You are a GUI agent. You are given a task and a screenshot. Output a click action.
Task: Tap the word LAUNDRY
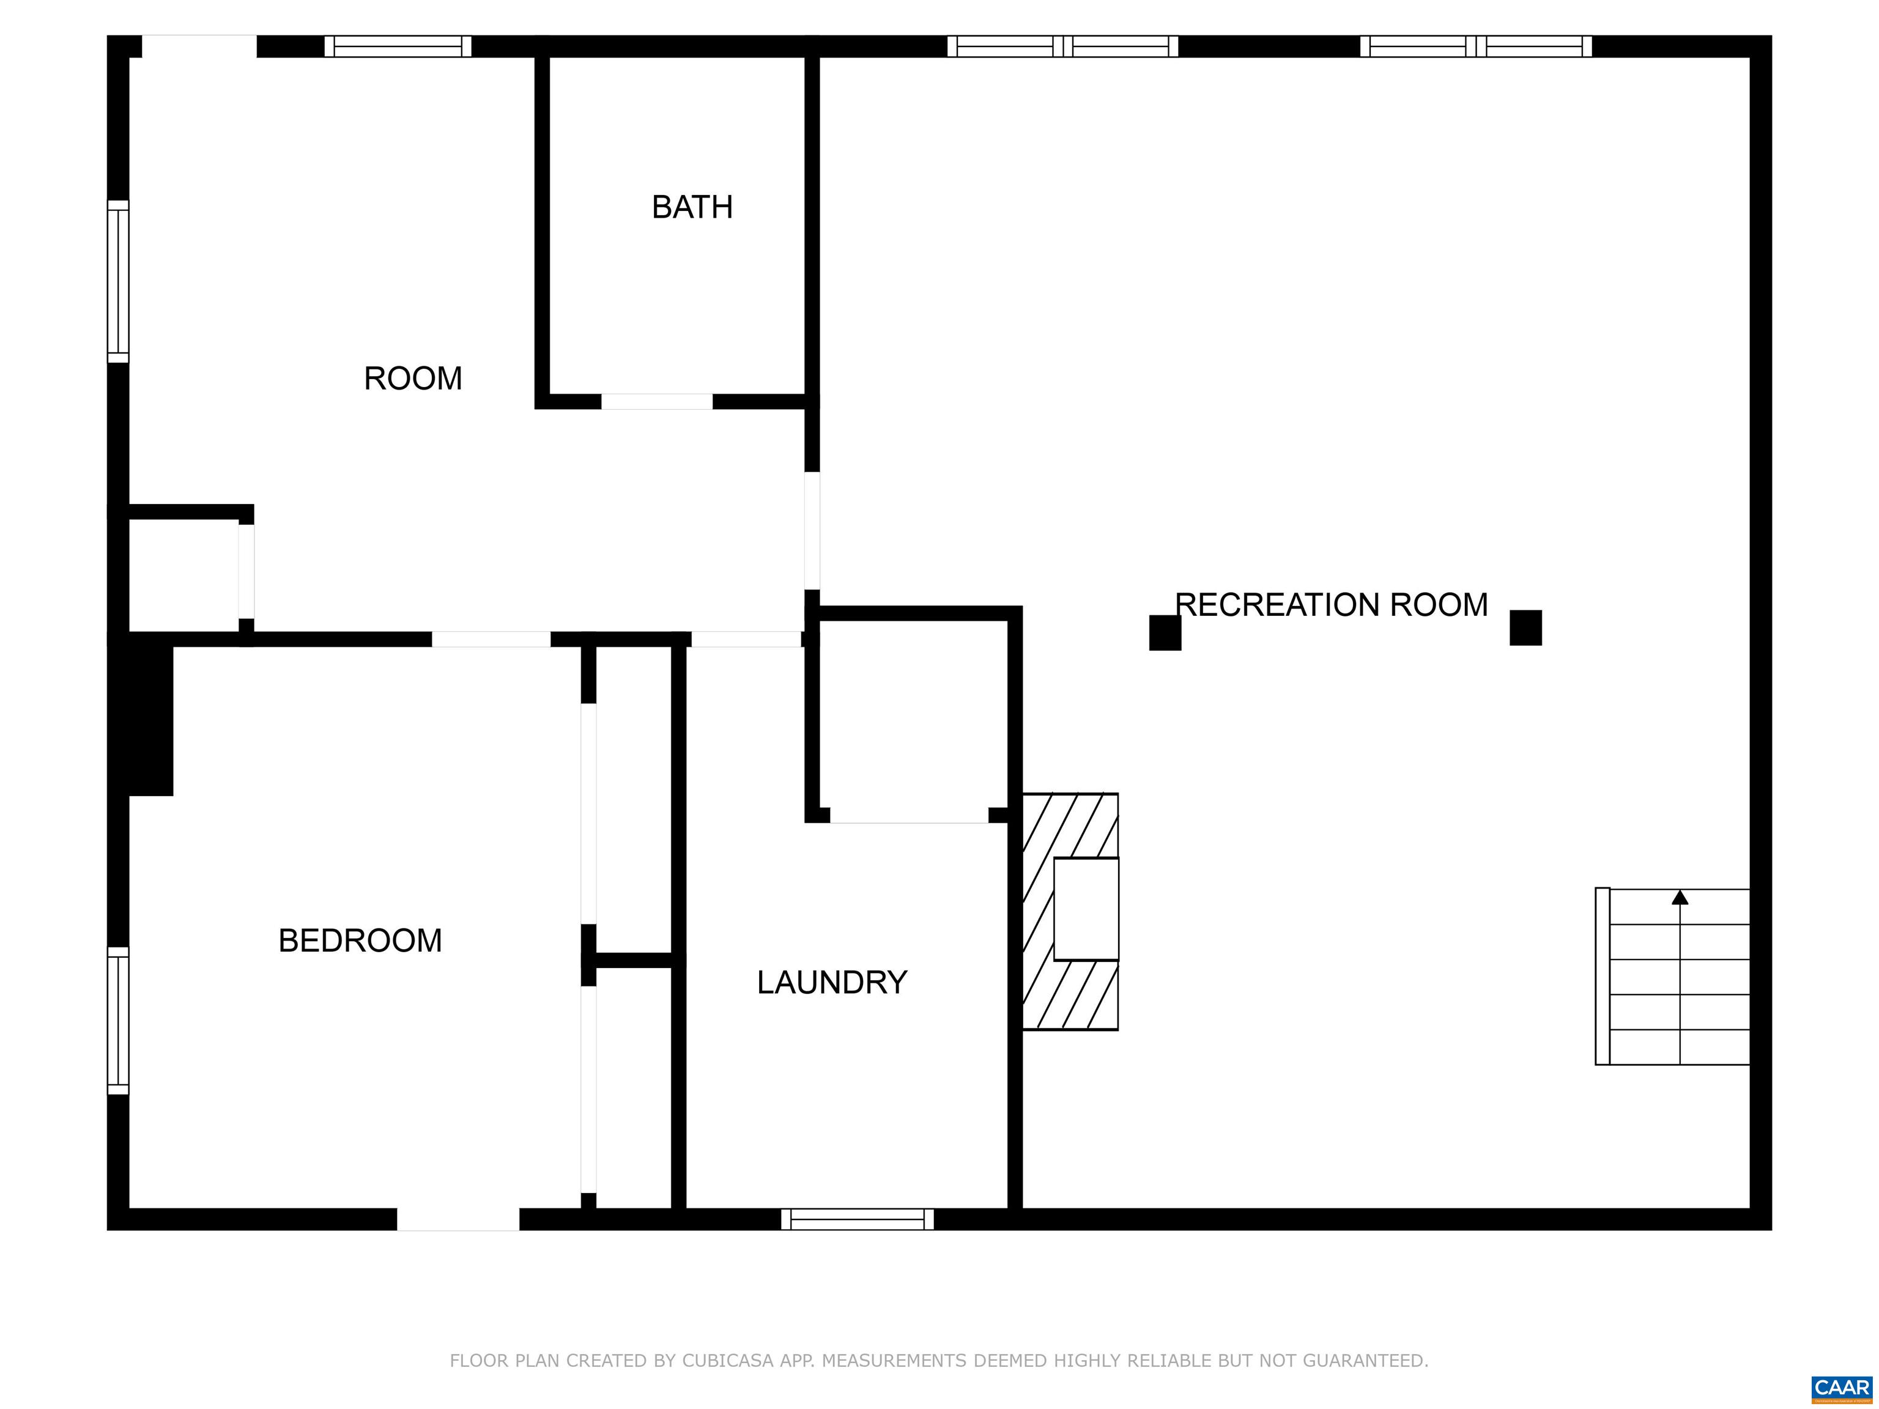tap(832, 983)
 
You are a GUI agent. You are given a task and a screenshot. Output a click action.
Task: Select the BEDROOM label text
tap(360, 940)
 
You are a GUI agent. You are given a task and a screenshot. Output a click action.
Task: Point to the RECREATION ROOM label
tap(1331, 605)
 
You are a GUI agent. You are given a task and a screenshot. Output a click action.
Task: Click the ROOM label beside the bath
tap(413, 378)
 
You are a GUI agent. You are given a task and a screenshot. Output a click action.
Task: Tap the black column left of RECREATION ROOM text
tap(1165, 633)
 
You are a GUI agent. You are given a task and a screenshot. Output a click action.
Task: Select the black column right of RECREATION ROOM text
tap(1525, 627)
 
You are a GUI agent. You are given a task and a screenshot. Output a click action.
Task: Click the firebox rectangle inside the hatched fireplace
tap(1086, 909)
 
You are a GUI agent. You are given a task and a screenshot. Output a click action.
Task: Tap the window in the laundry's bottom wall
tap(857, 1219)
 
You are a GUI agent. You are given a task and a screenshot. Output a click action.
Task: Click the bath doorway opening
tap(657, 402)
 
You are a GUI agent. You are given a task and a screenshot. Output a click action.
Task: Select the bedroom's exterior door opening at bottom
tap(458, 1219)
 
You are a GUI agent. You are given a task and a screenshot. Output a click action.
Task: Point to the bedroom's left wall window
tap(118, 1021)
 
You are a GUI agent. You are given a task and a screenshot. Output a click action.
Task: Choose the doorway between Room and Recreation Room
tap(812, 531)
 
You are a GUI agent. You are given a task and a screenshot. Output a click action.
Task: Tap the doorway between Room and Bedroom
tap(491, 640)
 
